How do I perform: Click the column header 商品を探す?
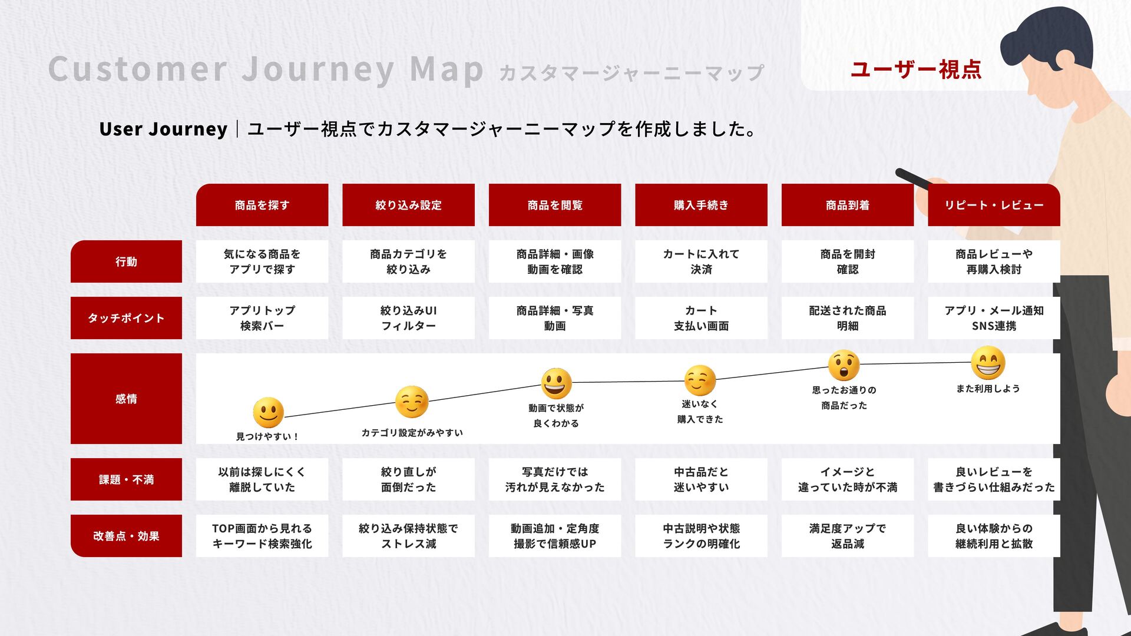click(262, 205)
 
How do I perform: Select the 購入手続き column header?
click(701, 205)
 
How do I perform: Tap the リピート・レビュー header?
click(994, 205)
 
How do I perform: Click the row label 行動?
click(126, 261)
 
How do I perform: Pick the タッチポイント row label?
click(126, 318)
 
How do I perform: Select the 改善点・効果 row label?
click(126, 536)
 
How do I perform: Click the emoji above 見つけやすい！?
click(268, 412)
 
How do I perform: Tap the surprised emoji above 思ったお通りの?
click(844, 365)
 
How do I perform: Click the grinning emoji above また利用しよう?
click(988, 362)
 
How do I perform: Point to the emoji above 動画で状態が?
click(556, 383)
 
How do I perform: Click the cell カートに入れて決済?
click(701, 261)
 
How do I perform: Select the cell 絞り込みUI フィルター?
click(408, 318)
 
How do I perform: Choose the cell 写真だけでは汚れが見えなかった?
click(555, 479)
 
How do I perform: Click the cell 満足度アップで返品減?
click(847, 536)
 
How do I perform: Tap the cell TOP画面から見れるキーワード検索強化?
click(262, 536)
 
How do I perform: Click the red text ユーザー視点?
click(916, 69)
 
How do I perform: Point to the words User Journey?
click(163, 129)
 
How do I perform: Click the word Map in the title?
click(447, 69)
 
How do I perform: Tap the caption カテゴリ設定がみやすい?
click(412, 433)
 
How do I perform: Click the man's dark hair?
click(1049, 35)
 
